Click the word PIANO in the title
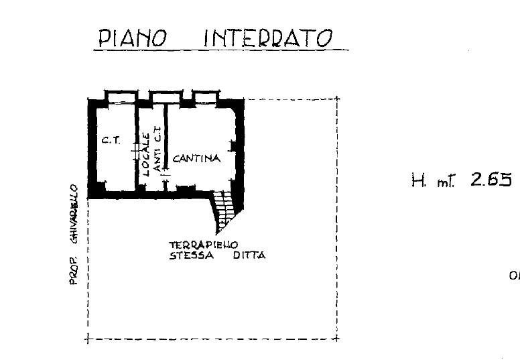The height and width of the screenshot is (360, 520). pyautogui.click(x=132, y=38)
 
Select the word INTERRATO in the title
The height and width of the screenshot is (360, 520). pyautogui.click(x=268, y=38)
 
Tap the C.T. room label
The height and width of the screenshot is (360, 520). pyautogui.click(x=110, y=141)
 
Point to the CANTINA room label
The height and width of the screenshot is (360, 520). pyautogui.click(x=196, y=159)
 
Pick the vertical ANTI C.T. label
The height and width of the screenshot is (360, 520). pyautogui.click(x=157, y=150)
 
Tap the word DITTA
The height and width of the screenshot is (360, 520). pyautogui.click(x=249, y=255)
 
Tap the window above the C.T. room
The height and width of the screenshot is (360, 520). pyautogui.click(x=119, y=95)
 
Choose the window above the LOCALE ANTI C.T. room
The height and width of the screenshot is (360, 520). pyautogui.click(x=160, y=95)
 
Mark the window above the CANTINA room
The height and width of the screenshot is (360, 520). pyautogui.click(x=204, y=95)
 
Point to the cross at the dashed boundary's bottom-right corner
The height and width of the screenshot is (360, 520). pyautogui.click(x=337, y=339)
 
